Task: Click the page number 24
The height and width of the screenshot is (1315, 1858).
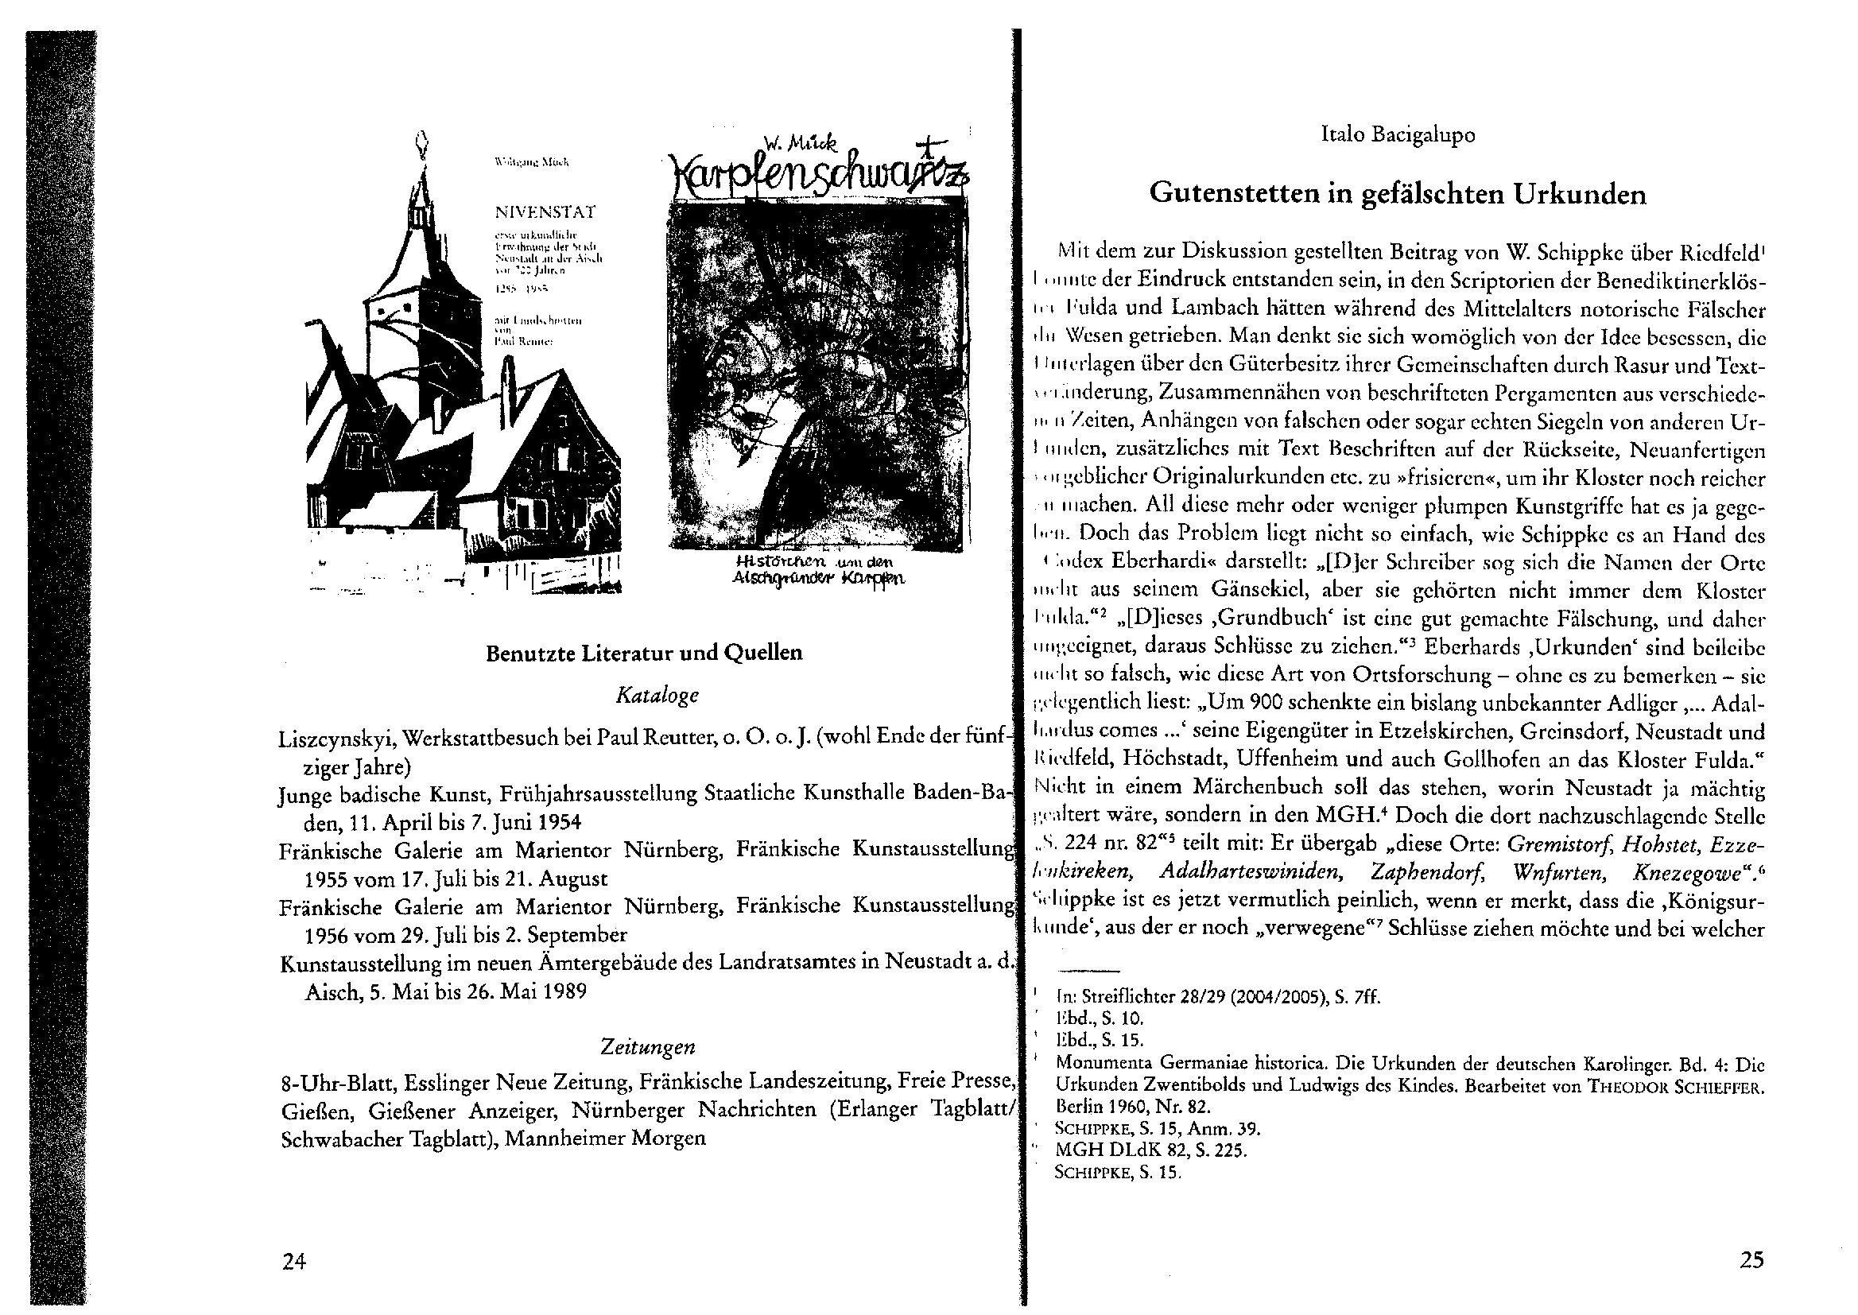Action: click(x=293, y=1261)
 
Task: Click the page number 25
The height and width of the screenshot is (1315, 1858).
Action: click(x=1751, y=1260)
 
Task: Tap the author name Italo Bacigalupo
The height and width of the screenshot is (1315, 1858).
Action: click(x=1398, y=135)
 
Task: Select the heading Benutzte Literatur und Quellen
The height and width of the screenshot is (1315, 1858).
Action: click(x=644, y=654)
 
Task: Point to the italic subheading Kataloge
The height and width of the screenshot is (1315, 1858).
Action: click(x=657, y=695)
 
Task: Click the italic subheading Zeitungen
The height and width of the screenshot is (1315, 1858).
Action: click(x=648, y=1047)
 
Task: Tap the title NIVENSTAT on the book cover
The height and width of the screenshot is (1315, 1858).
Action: click(x=545, y=213)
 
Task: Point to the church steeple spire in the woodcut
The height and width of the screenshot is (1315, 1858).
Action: click(x=419, y=154)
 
